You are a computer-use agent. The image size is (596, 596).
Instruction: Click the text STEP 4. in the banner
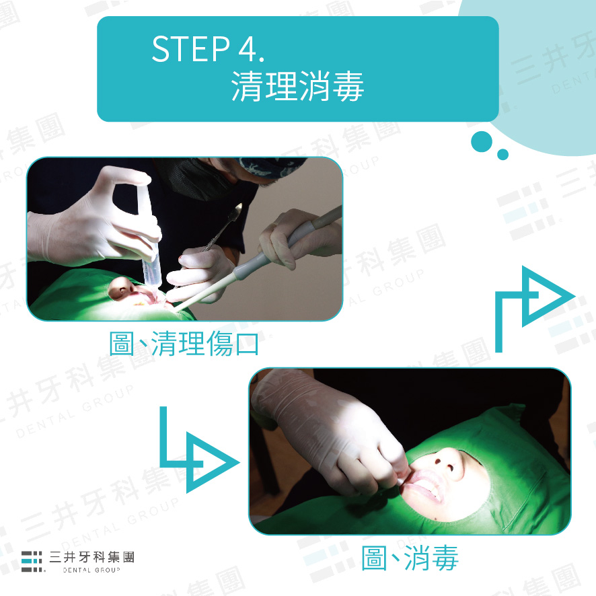(x=208, y=48)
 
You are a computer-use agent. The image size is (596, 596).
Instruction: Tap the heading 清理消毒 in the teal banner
(x=297, y=86)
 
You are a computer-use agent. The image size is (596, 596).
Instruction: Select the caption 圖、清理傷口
(x=184, y=343)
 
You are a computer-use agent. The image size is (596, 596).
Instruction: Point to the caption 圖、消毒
(x=410, y=558)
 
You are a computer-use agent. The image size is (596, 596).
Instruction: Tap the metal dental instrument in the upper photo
(x=223, y=227)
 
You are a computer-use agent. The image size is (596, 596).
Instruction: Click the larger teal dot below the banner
(x=482, y=142)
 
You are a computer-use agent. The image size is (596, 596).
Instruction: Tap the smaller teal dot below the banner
(x=502, y=154)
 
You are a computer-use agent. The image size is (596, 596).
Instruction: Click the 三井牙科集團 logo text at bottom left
(x=91, y=557)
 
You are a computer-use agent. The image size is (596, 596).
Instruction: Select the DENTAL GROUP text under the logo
(x=91, y=570)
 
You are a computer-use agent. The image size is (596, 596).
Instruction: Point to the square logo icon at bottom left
(x=32, y=561)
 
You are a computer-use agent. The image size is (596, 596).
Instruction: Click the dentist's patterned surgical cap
(x=272, y=166)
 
